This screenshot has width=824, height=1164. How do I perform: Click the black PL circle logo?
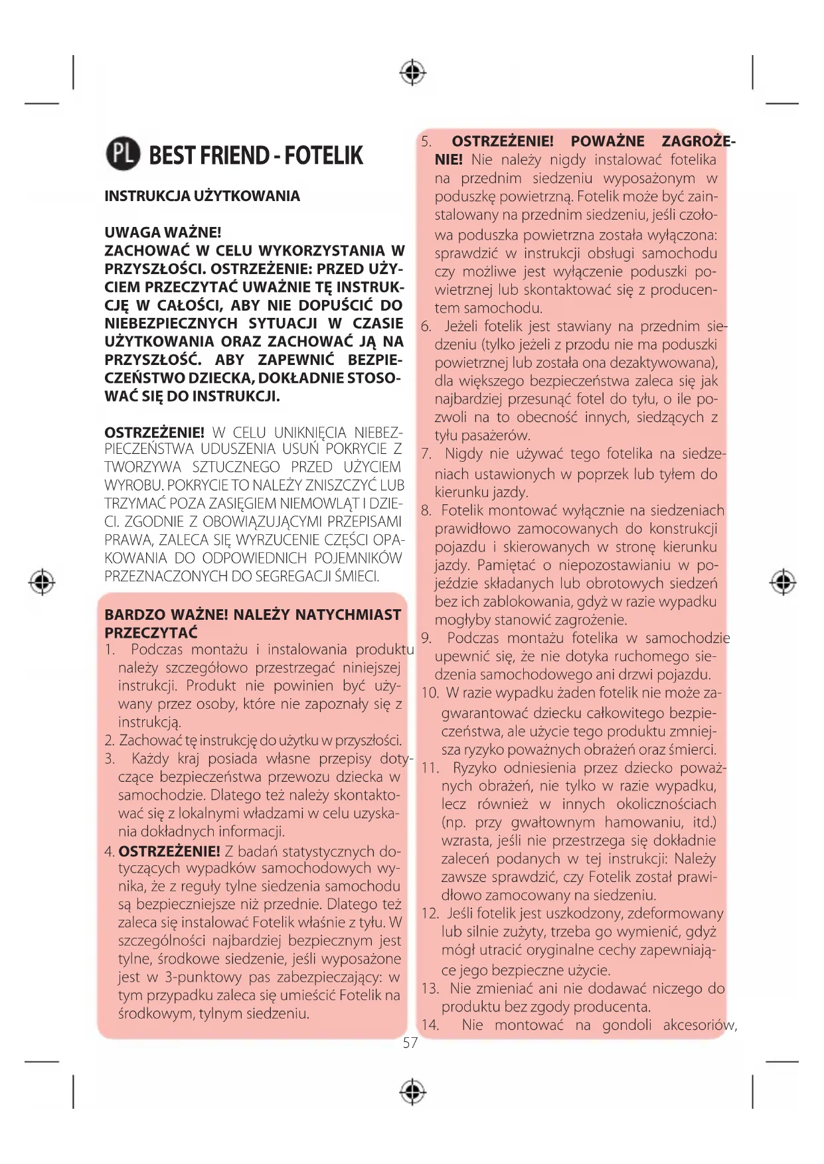pos(123,154)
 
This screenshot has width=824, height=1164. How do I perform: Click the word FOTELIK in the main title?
pos(323,155)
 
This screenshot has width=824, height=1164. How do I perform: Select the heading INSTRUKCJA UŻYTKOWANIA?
pos(202,196)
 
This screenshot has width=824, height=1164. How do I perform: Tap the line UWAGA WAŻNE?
pos(163,232)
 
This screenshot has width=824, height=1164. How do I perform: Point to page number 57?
pos(410,1043)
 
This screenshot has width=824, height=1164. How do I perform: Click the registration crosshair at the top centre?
pos(412,72)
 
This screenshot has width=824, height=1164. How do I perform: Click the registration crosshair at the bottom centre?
pos(412,1091)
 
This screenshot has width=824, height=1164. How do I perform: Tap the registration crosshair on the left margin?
pos(42,582)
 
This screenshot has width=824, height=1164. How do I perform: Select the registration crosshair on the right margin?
pos(783,582)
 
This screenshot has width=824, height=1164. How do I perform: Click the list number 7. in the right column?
pos(426,454)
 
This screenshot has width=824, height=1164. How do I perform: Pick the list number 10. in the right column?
pos(430,693)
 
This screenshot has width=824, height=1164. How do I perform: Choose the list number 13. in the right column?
pos(430,988)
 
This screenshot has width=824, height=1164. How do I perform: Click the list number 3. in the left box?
pos(110,759)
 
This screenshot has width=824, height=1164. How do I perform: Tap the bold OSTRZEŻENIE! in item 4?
pos(169,851)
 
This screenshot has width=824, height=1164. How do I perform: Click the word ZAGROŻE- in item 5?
pos(698,141)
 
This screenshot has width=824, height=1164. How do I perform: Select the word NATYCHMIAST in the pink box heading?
pos(348,615)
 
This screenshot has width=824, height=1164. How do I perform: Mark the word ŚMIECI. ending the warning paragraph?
pos(357,576)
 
